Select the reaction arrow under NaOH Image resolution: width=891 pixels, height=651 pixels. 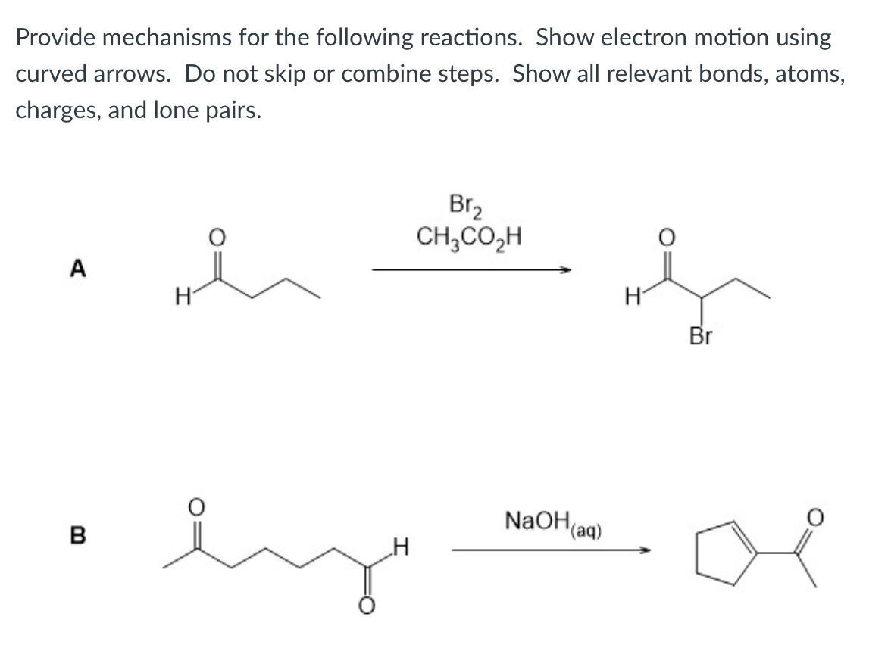point(551,550)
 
